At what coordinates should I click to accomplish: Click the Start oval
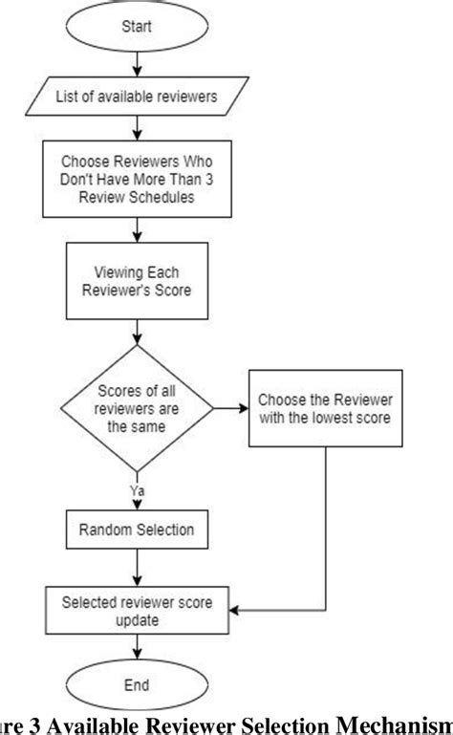[x=140, y=29]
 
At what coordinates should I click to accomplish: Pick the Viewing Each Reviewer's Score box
[x=140, y=280]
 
